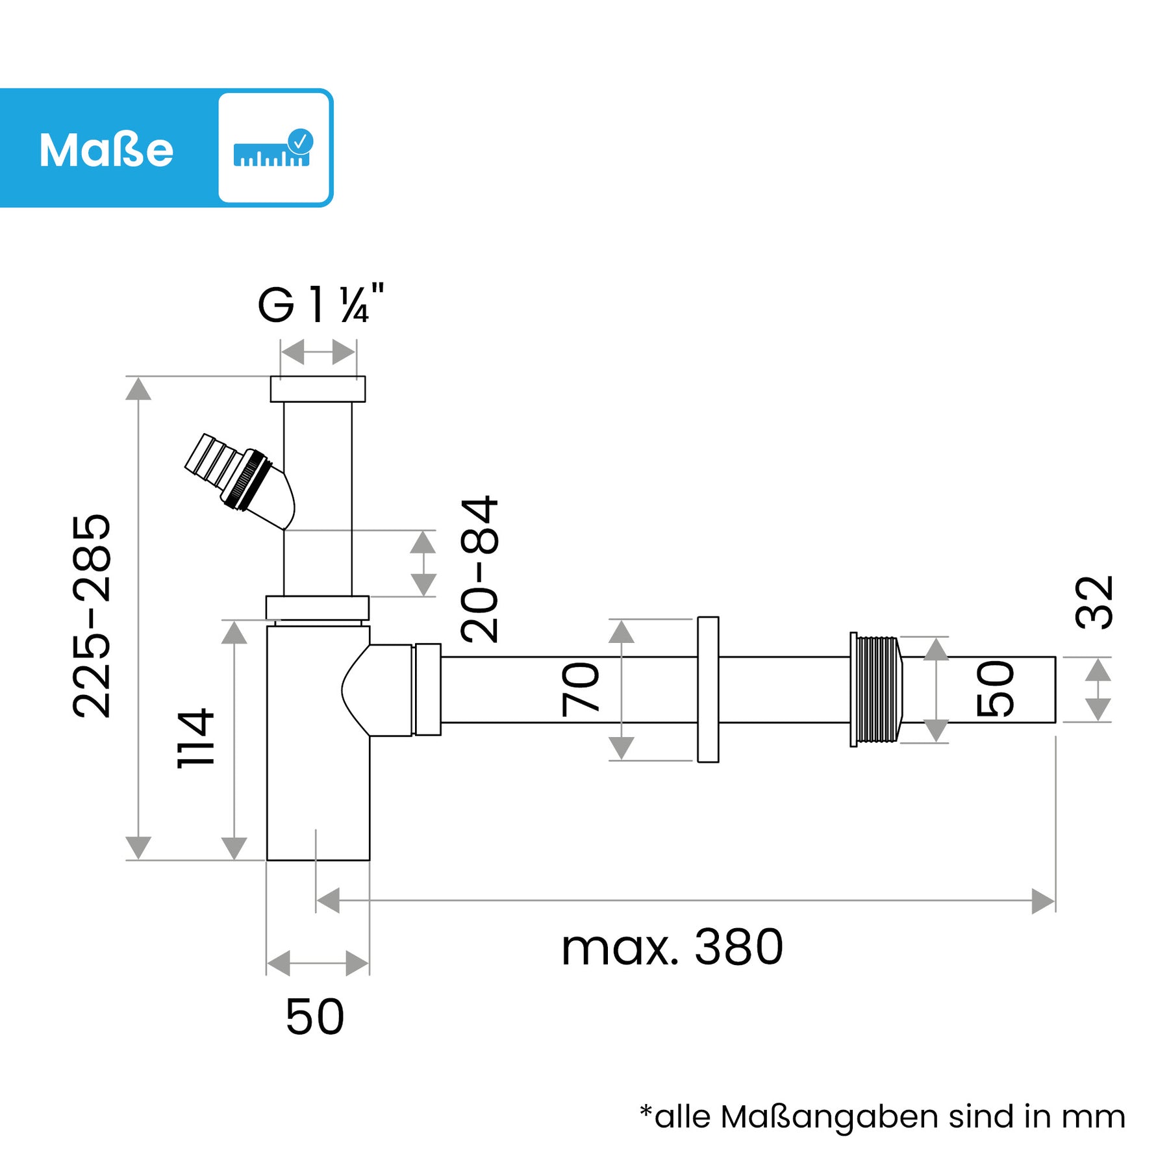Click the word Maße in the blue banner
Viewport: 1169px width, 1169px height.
(107, 150)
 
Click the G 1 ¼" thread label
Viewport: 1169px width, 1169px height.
(321, 304)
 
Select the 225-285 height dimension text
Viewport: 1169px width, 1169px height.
(92, 616)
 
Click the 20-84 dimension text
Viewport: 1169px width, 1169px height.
(479, 569)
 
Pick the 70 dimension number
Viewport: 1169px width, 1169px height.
(580, 689)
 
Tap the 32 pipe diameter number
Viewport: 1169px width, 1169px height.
(1094, 602)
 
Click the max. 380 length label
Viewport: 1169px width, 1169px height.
(672, 948)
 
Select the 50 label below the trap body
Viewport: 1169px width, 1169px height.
(315, 1016)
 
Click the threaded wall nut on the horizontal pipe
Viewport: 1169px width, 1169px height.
(876, 690)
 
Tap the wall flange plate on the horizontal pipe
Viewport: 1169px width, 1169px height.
(708, 689)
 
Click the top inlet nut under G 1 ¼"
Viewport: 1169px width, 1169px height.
(318, 389)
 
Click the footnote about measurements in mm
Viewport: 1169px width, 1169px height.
(882, 1117)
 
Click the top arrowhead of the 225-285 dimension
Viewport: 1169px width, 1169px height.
(138, 389)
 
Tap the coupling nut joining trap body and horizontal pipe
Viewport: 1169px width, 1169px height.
(428, 689)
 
